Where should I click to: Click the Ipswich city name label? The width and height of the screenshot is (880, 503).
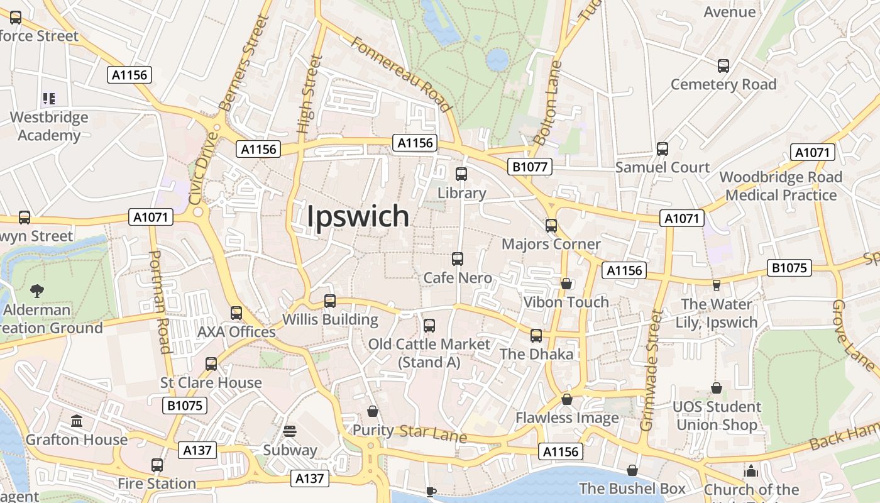coord(358,216)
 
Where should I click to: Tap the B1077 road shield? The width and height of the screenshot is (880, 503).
coord(530,167)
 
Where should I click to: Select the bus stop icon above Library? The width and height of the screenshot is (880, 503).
coord(461,174)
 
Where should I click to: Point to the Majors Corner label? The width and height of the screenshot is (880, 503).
coord(551,244)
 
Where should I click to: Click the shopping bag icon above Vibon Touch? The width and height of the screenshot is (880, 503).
coord(566,284)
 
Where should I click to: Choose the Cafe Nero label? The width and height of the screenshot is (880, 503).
coord(457,277)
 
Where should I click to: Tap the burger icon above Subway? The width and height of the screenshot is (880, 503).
coord(290,431)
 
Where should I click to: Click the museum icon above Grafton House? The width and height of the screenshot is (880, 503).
coord(77,421)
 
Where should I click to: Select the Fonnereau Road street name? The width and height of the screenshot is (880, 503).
coord(401,74)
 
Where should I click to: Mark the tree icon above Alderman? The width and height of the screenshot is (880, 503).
coord(37,290)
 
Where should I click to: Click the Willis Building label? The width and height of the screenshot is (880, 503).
coord(330,319)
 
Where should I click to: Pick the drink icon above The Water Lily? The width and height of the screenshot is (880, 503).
coord(716,285)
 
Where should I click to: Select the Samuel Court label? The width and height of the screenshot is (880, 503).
coord(663,167)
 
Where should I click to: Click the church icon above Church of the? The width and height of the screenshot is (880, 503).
coord(751,471)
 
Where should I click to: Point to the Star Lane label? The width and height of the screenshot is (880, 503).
coord(433,433)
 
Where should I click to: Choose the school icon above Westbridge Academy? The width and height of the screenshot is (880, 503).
coord(49,98)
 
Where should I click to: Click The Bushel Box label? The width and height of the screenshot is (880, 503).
coord(632,489)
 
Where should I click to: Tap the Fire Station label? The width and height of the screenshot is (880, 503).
coord(157,484)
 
